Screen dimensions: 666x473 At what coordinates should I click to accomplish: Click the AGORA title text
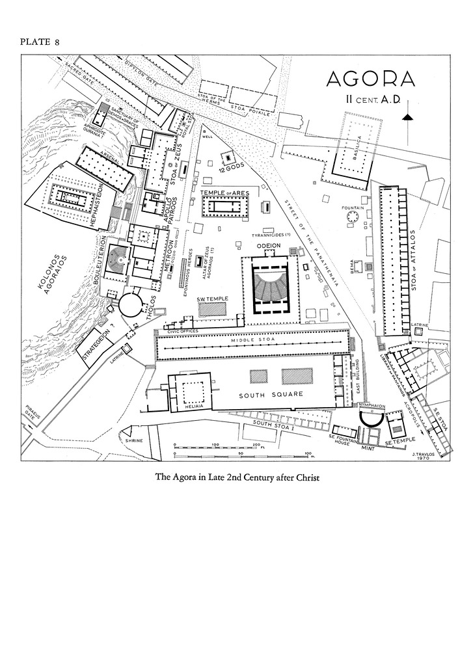(x=370, y=79)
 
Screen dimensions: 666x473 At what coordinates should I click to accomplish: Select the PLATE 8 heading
(x=40, y=42)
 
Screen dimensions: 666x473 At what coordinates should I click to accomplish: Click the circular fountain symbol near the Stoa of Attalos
(x=355, y=217)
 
